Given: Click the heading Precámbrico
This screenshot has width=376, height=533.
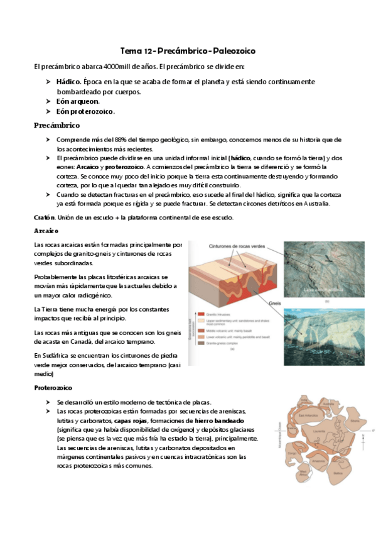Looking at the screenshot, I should pos(57,125).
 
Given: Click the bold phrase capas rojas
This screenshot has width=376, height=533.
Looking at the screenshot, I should pos(131,420).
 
